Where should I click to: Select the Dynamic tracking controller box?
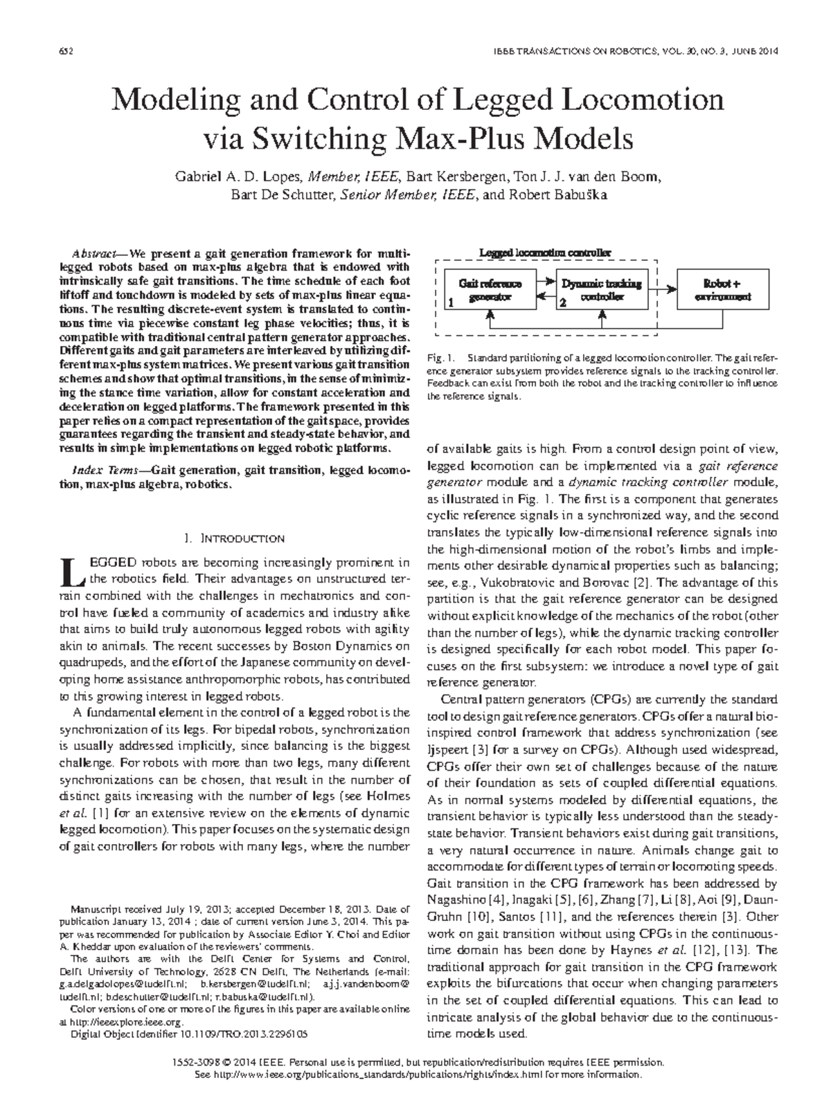[601, 291]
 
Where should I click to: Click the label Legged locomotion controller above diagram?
[545, 253]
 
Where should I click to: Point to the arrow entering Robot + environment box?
[668, 284]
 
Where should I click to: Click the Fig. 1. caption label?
[440, 358]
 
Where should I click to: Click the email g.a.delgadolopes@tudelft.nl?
[123, 983]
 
